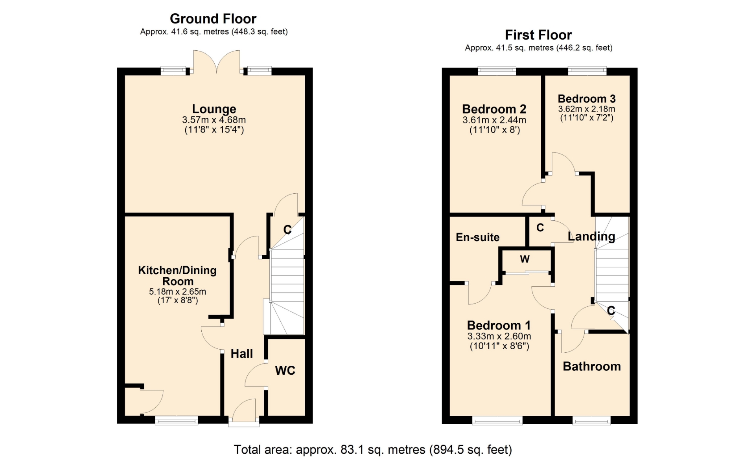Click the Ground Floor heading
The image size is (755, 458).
[x=213, y=18]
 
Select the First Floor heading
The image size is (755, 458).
[x=538, y=35]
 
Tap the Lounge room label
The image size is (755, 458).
[x=214, y=109]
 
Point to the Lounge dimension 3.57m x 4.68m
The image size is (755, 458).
[x=214, y=120]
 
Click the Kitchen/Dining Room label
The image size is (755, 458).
[x=177, y=276]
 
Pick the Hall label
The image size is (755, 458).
[x=241, y=354]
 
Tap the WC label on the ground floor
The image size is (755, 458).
[x=285, y=370]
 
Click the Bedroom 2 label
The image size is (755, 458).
[x=494, y=109]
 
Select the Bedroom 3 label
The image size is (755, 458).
[x=586, y=99]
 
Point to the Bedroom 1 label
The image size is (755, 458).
[x=499, y=325]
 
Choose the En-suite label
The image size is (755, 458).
[x=477, y=237]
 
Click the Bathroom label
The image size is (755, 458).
[x=592, y=366]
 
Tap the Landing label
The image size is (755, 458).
[x=591, y=236]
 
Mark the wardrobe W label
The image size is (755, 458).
[x=525, y=259]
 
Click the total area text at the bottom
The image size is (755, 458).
[x=373, y=449]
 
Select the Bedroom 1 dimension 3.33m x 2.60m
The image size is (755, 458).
[x=499, y=336]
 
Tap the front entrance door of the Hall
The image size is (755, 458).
[x=244, y=412]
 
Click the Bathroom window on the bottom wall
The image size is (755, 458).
[x=591, y=421]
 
